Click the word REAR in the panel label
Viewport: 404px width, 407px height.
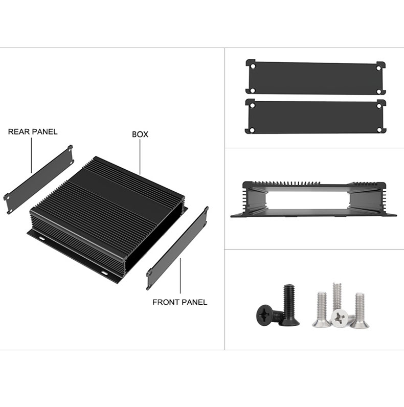[18, 132]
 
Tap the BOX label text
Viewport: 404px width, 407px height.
[140, 134]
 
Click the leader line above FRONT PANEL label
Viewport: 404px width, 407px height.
[180, 279]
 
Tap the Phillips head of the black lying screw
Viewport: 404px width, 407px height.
[265, 314]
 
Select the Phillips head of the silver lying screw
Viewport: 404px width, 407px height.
[339, 318]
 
